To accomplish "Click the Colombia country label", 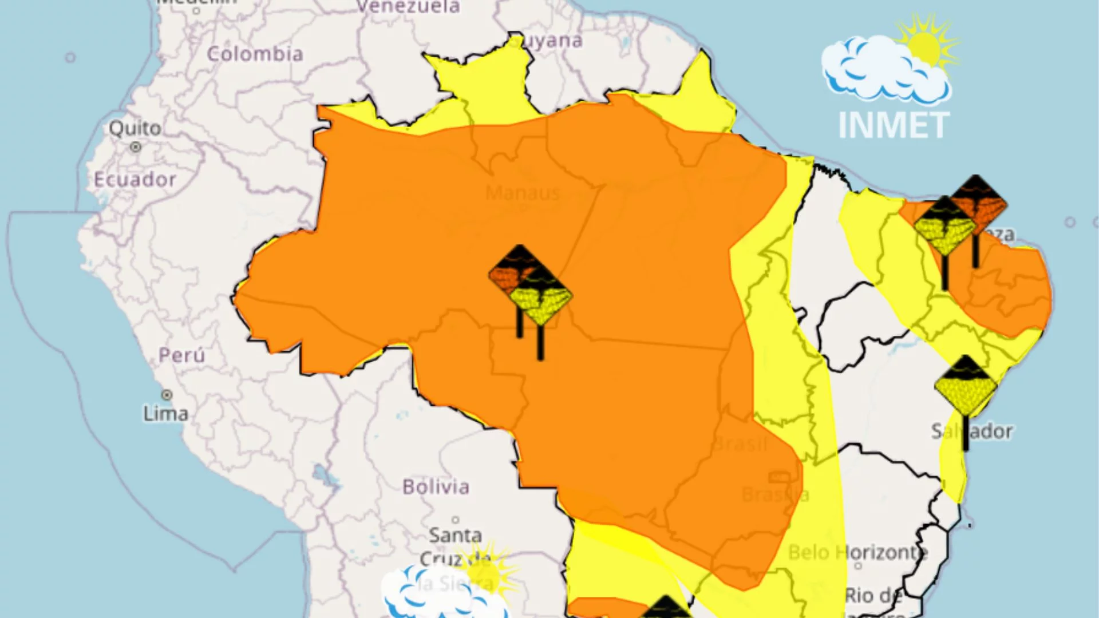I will pos(255,54).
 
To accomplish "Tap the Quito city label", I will pos(135,128).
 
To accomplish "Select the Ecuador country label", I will pos(135,180).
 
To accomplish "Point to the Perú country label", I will pos(181,355).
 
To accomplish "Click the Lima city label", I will pos(165,414).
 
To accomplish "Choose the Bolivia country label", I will pos(436,487).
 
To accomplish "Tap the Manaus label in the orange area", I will pos(523,193).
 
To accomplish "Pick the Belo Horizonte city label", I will pos(857,552).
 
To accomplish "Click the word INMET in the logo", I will pos(894,125).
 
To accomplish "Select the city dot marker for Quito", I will pos(136,147).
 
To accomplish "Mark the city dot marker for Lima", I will pos(167,395).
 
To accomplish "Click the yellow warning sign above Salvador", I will pos(966,386).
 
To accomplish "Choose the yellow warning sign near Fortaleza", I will pos(944,228).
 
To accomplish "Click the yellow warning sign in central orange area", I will pos(540,298).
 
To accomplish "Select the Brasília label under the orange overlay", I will pos(775,494).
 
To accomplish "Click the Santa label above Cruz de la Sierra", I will pos(455,536).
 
